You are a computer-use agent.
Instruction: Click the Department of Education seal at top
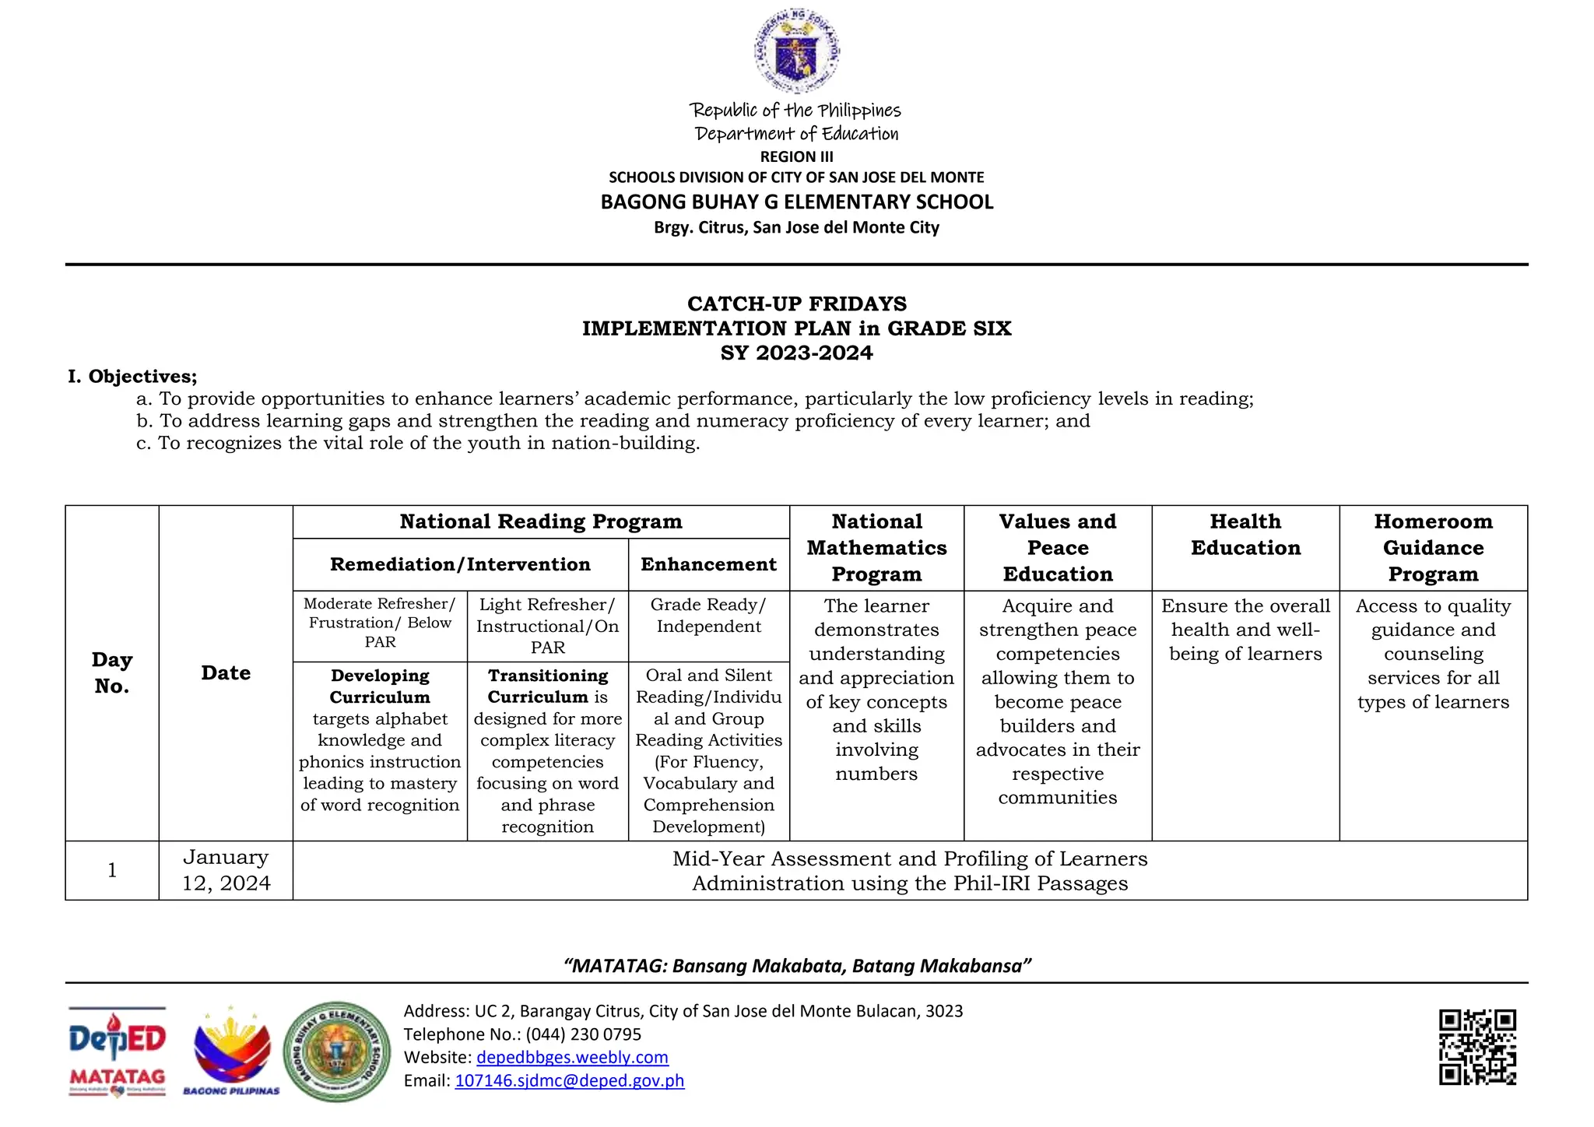(x=796, y=51)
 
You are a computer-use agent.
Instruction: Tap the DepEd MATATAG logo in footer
(x=118, y=1051)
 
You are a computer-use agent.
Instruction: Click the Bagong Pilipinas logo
(x=231, y=1051)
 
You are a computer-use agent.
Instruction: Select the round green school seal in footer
(x=337, y=1052)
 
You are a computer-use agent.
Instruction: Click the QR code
(x=1476, y=1047)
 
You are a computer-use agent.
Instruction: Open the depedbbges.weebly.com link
(x=572, y=1057)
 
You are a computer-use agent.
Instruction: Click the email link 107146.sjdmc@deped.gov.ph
(x=569, y=1080)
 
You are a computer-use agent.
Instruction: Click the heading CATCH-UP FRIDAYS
(x=796, y=304)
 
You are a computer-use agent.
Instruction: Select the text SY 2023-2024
(x=796, y=353)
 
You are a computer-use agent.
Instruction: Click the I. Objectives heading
(x=132, y=377)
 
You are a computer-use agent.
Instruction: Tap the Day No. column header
(x=112, y=672)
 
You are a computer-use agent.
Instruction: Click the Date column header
(x=226, y=672)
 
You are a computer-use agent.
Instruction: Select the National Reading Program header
(x=541, y=521)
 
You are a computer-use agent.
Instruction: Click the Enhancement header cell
(x=708, y=564)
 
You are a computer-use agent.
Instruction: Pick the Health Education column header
(x=1245, y=535)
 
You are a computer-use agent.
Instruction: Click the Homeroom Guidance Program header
(x=1433, y=547)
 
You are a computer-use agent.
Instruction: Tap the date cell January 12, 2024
(x=226, y=870)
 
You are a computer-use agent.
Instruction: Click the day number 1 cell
(x=112, y=870)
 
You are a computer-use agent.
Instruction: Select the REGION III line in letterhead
(x=796, y=156)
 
